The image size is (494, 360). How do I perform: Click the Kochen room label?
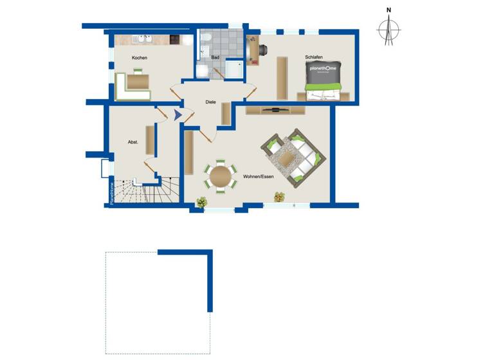[140, 58]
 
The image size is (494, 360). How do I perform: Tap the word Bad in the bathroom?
[215, 57]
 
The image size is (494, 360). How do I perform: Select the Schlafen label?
[314, 57]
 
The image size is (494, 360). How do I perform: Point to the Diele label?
[210, 102]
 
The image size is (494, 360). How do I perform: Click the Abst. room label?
[133, 142]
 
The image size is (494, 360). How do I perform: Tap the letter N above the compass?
[389, 10]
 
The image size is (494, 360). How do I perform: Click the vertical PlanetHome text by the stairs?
[111, 193]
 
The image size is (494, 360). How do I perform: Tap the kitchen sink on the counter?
[143, 40]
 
